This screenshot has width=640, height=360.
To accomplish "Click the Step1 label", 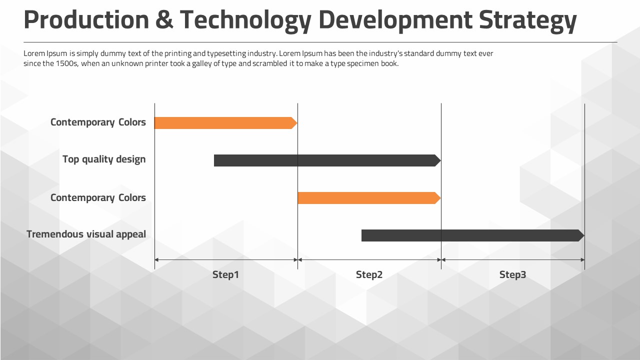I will (x=225, y=274).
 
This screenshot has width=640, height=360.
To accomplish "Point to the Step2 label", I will (x=369, y=274).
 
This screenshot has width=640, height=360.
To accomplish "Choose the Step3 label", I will (x=512, y=274).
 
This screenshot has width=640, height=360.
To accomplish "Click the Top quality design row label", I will (x=104, y=159).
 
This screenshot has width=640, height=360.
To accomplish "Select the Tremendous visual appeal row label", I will (x=86, y=234).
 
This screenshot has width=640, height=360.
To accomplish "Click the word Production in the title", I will (x=86, y=20).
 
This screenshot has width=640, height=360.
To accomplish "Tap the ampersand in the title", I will (x=164, y=20).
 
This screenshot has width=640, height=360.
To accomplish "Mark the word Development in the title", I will (x=395, y=20).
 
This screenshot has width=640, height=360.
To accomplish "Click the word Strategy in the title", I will (x=527, y=20).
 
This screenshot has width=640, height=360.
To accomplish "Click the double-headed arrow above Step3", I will (x=513, y=260).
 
